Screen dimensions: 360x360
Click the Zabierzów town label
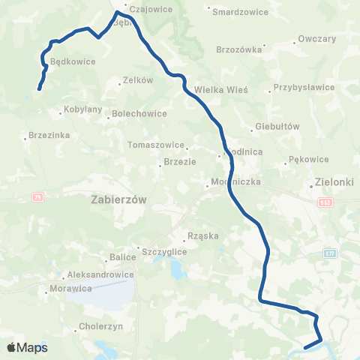point(120,199)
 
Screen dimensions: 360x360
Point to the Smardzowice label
point(236,12)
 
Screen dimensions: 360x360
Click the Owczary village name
point(316,37)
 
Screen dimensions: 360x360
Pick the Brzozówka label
point(238,49)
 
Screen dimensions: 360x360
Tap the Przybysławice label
point(304,87)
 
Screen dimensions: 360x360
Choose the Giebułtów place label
point(277,127)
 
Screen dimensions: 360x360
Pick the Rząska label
point(203,235)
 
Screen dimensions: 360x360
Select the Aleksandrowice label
point(100,274)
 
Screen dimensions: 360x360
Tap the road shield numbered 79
point(37,196)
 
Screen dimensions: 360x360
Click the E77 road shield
point(330,253)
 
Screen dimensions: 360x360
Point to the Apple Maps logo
point(28,347)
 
